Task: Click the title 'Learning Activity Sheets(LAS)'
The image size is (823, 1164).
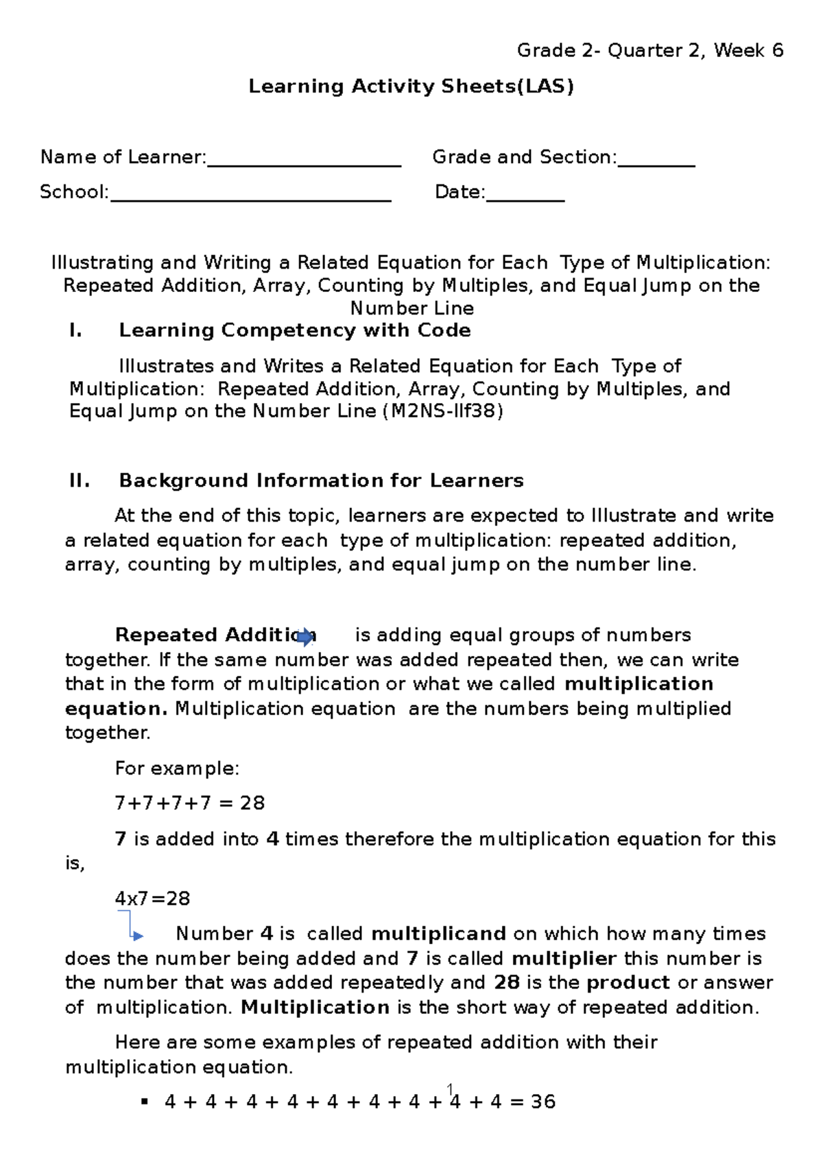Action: point(411,86)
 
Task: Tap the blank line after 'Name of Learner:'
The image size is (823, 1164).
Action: point(304,163)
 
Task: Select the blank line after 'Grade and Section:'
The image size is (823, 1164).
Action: point(656,163)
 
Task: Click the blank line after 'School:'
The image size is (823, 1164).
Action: point(250,198)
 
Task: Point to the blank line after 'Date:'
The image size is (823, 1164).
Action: point(525,198)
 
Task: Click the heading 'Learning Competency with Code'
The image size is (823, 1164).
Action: point(295,330)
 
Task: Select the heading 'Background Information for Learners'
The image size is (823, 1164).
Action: point(321,481)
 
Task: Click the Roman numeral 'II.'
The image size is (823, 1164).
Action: point(80,481)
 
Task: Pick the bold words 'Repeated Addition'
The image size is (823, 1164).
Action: point(206,635)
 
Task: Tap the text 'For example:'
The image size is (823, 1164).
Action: point(177,768)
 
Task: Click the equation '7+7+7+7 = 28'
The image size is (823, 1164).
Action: point(190,803)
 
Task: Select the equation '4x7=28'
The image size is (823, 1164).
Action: point(152,899)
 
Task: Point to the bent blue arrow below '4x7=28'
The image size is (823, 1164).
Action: point(130,927)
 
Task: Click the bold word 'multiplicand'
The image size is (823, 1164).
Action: point(438,934)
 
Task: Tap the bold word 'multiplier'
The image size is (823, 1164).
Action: point(564,958)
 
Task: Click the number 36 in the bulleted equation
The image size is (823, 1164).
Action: point(543,1102)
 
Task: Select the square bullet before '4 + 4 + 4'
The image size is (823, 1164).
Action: point(144,1102)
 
